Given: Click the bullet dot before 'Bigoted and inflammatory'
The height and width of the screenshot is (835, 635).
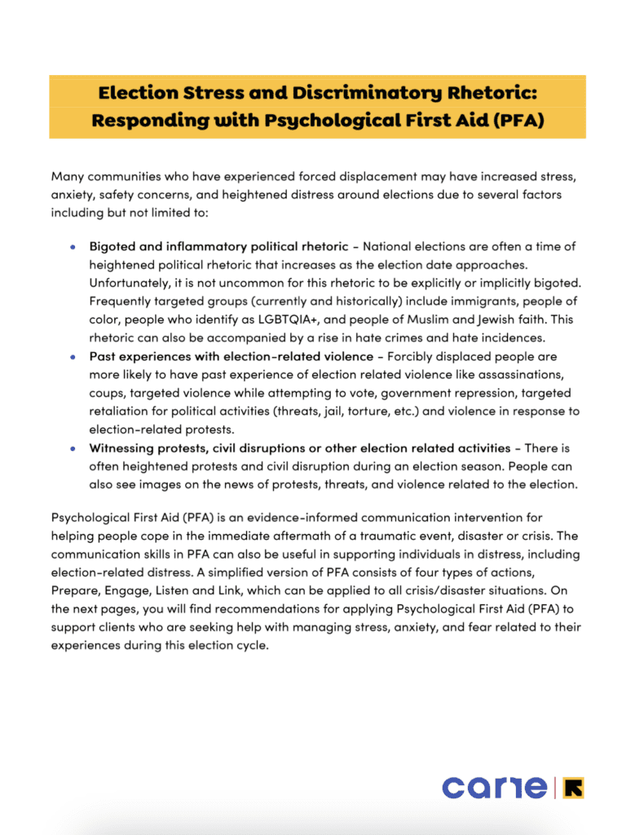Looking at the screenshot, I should click(x=73, y=245).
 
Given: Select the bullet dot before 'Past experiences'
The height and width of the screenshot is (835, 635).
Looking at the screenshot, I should click(x=73, y=356).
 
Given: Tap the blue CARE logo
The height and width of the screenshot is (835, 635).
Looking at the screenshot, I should click(x=495, y=787).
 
